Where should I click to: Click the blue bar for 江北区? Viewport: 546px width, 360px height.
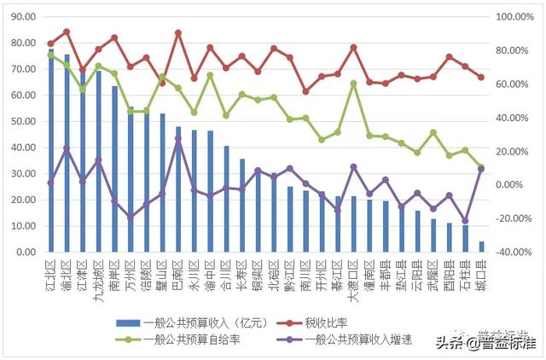tap(51, 154)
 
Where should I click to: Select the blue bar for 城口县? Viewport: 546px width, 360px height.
tap(481, 247)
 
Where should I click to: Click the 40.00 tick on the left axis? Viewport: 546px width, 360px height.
tap(23, 148)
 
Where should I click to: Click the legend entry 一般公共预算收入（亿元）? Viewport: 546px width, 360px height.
tap(192, 322)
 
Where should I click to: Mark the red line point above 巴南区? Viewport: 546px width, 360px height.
tap(177, 32)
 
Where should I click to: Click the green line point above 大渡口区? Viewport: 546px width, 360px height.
tap(353, 84)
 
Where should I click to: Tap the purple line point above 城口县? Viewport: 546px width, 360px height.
tap(481, 169)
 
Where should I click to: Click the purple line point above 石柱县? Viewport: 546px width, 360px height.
tap(465, 221)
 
